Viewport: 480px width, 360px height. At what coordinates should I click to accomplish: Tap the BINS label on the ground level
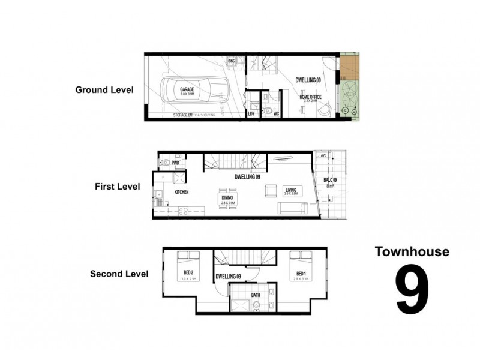click(x=231, y=61)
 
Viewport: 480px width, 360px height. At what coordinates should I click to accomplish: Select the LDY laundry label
click(x=251, y=113)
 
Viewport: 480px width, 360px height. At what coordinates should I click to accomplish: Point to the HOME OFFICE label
click(x=311, y=97)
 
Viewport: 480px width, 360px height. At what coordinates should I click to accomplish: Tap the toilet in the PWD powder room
click(x=163, y=162)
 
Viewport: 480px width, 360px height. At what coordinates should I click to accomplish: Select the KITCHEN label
click(x=182, y=192)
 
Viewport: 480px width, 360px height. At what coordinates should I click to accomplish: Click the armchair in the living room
click(x=271, y=190)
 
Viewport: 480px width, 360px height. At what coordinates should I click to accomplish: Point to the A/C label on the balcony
click(x=324, y=155)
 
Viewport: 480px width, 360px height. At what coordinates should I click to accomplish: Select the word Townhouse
click(x=412, y=252)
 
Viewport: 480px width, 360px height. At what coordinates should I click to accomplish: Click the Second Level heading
click(x=119, y=274)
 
